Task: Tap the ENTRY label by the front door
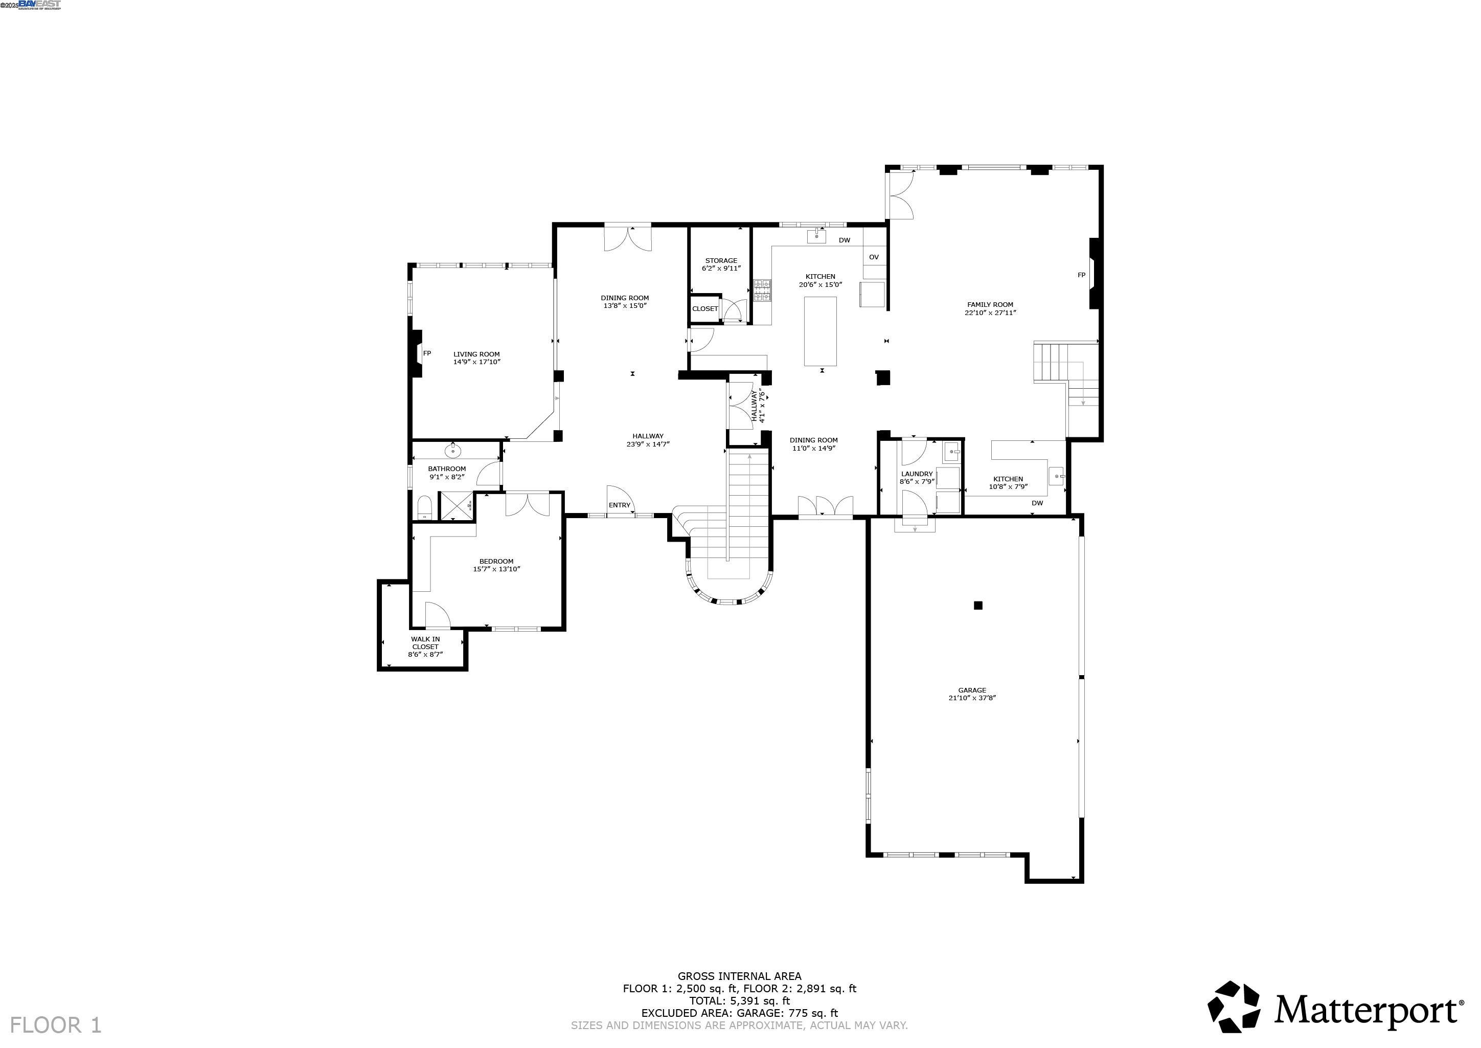coord(619,505)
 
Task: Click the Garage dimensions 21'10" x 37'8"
coord(971,698)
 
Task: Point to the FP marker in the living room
coord(426,353)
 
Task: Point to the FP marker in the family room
coord(1081,275)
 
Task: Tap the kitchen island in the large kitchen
coord(820,331)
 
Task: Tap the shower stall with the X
coord(455,505)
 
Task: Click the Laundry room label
coord(916,474)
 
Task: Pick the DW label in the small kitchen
coord(1037,503)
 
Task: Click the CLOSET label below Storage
coord(704,309)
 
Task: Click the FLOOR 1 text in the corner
coord(56,1025)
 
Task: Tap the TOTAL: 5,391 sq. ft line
coord(739,1001)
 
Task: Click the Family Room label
coord(990,305)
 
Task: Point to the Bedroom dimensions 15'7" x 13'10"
coord(496,569)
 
